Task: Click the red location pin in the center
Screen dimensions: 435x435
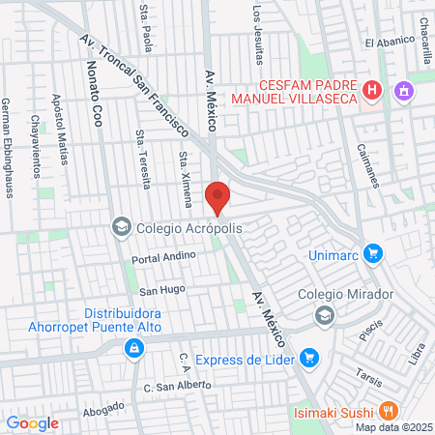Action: pos(218,196)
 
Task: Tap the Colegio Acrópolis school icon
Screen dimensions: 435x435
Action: pos(122,227)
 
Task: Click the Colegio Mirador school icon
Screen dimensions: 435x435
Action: pos(325,314)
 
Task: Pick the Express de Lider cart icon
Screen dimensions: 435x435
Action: pos(309,360)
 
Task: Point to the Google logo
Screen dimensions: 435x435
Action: pos(32,423)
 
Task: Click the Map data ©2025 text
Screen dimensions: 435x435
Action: pos(392,427)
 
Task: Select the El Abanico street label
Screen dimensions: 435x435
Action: pos(389,43)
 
